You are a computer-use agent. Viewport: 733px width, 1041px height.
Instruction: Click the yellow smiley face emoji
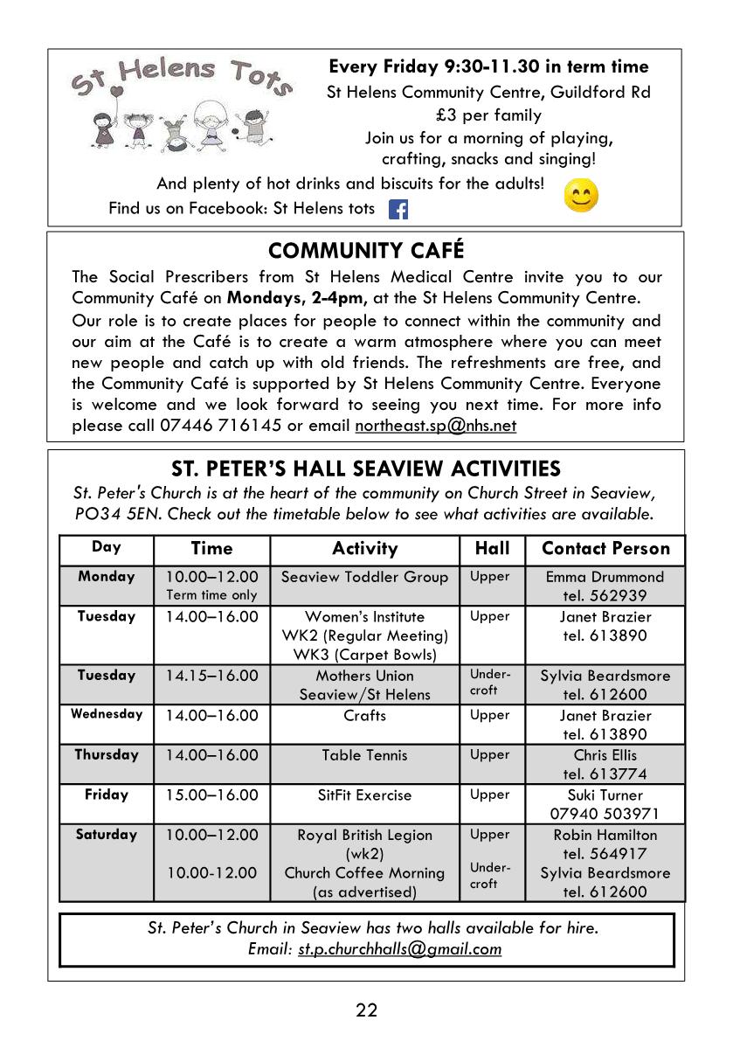click(x=581, y=196)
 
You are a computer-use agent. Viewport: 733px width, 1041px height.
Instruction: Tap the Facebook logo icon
click(x=398, y=210)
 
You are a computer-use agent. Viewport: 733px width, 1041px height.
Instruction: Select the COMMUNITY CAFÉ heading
click(x=366, y=251)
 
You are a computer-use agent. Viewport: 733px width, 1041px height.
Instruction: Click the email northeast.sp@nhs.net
click(x=435, y=426)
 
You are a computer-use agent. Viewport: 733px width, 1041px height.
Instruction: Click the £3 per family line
click(x=488, y=115)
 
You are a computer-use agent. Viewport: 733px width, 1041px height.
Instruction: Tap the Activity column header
click(x=364, y=549)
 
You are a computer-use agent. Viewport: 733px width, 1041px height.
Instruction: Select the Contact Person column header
click(x=605, y=549)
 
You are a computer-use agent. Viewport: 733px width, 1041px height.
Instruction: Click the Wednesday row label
click(x=107, y=714)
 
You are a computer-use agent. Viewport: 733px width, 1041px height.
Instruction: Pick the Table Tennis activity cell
click(x=364, y=755)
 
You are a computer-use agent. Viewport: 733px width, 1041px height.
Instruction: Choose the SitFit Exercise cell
click(x=364, y=795)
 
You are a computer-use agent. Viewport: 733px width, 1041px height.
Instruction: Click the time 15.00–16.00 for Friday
click(x=212, y=795)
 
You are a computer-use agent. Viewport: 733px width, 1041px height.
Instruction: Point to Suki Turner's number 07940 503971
click(x=605, y=814)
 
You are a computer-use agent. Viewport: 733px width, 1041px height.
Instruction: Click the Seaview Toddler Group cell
click(x=364, y=577)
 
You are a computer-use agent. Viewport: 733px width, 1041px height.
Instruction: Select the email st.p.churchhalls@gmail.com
click(x=399, y=949)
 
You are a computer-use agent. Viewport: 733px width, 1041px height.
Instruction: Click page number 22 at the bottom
click(x=366, y=1010)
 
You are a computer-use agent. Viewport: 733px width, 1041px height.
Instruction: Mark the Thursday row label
click(x=107, y=754)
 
